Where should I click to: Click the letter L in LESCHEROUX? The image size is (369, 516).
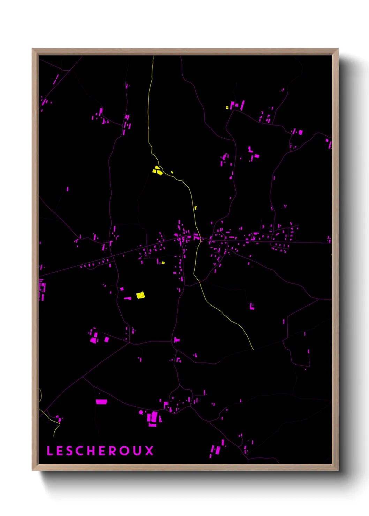50,451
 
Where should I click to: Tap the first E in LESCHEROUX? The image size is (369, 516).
60,451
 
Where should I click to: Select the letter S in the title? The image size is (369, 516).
70,451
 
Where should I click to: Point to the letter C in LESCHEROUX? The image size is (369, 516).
81,451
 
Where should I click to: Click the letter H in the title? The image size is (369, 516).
92,451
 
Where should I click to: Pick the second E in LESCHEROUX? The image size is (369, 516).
103,451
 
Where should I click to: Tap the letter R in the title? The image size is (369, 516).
113,451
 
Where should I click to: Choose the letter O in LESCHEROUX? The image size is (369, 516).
125,451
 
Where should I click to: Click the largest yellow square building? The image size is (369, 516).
140,295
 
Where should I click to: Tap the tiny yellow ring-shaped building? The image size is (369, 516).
227,107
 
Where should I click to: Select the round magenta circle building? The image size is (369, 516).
141,412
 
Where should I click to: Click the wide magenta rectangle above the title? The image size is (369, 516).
101,402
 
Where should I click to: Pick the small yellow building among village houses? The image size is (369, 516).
163,263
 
